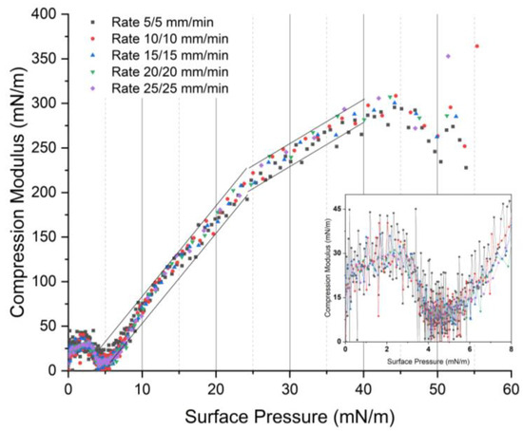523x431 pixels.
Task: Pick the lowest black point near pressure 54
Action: [466, 167]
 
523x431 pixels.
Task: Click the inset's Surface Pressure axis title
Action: [428, 361]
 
